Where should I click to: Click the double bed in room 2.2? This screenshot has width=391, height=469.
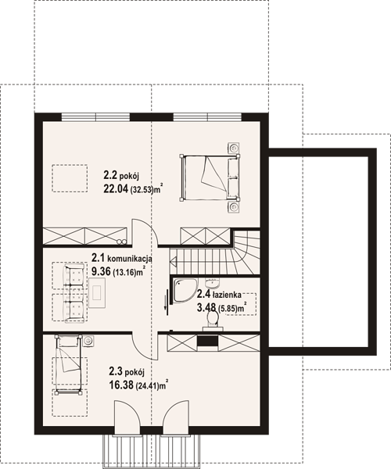(x=210, y=177)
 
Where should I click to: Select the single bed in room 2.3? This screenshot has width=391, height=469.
(x=69, y=365)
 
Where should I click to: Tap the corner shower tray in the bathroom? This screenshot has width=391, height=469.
(x=185, y=291)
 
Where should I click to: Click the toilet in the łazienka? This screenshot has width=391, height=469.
(x=213, y=320)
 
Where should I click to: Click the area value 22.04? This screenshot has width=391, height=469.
(x=116, y=188)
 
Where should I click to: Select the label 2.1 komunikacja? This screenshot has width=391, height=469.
(x=122, y=257)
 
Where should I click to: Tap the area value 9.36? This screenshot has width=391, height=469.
(x=101, y=271)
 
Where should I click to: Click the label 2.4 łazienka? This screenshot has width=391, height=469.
(x=219, y=295)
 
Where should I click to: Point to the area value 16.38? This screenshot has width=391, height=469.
(x=121, y=385)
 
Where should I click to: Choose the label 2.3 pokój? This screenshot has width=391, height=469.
(x=127, y=372)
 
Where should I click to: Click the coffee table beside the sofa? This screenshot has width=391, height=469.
(x=97, y=293)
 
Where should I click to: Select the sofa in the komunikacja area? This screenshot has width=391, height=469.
(x=74, y=292)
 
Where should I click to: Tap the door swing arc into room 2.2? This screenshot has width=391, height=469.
(x=152, y=227)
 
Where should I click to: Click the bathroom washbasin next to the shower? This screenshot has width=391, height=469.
(x=212, y=283)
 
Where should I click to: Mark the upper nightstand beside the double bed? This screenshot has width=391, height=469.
(x=234, y=148)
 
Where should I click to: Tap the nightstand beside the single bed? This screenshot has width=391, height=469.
(x=88, y=341)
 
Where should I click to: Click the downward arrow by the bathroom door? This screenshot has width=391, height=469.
(x=165, y=301)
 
